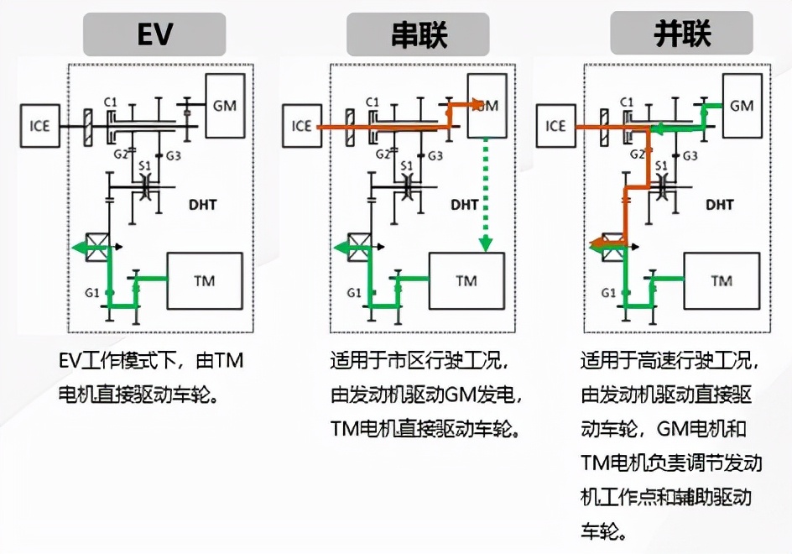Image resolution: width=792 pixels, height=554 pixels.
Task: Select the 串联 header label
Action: tap(419, 34)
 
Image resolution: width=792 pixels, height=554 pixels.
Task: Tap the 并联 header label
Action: tap(681, 34)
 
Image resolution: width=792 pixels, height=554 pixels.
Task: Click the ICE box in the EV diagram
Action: tap(39, 127)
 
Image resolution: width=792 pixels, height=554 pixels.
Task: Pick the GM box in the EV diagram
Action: tap(225, 107)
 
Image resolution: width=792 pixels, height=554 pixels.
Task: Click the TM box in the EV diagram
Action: tap(205, 280)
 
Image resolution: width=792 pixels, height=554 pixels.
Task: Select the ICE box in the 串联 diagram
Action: tap(302, 127)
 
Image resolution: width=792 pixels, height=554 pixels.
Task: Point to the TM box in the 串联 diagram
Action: tap(466, 280)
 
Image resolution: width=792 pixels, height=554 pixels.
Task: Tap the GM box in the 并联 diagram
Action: tap(742, 106)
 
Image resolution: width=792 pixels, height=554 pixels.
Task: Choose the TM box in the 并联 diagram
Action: tap(722, 280)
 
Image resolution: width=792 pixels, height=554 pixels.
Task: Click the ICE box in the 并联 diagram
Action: tap(555, 127)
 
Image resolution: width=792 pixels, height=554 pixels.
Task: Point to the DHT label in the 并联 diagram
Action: tap(719, 203)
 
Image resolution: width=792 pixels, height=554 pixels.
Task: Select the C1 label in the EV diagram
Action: tap(109, 102)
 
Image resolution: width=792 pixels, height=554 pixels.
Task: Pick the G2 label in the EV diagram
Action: tap(119, 154)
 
